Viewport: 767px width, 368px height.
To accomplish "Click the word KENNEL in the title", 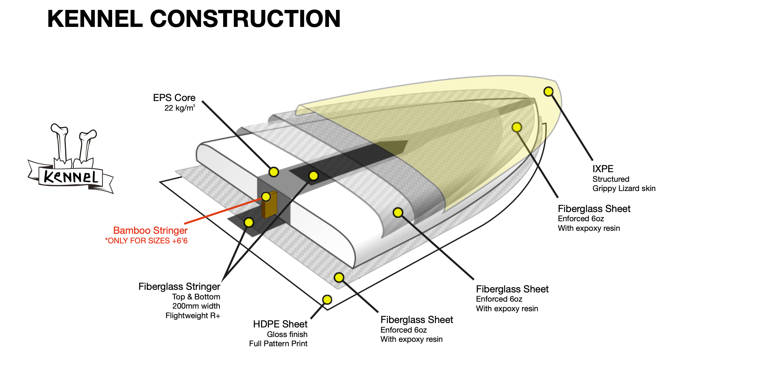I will [x=95, y=19].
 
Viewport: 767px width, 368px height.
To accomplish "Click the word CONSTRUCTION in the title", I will [x=245, y=19].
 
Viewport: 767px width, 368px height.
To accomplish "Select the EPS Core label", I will [x=174, y=98].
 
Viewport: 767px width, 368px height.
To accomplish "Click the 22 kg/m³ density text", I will [x=179, y=108].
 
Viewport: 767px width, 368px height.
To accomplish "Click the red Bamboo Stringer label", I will [x=150, y=230].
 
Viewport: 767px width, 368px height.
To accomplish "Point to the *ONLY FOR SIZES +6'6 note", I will [x=146, y=241].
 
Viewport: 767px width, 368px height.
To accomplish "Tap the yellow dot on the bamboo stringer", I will [x=266, y=196].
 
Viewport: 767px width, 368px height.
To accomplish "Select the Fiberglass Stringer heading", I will [x=179, y=287].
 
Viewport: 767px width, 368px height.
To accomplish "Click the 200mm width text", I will [x=196, y=306].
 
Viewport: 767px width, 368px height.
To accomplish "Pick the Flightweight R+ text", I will [x=192, y=316].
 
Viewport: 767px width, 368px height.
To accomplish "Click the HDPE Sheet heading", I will [x=280, y=324].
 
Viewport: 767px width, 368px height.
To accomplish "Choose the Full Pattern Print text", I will [x=278, y=344].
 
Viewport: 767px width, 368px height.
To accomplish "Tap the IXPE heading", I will [x=603, y=169].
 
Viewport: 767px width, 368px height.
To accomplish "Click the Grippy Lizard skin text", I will [x=624, y=188].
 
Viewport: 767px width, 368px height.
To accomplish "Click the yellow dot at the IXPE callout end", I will [x=548, y=91].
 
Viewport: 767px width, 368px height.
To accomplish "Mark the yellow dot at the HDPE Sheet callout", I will [x=327, y=299].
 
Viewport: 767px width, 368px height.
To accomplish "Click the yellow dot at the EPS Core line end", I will [x=274, y=172].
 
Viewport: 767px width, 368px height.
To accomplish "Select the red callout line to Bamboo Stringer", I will [x=221, y=212].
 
